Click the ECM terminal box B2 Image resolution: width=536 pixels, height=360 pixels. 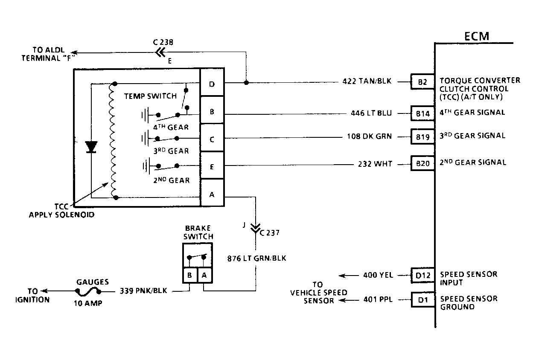[x=422, y=82]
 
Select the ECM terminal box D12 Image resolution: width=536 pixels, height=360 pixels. [x=423, y=275]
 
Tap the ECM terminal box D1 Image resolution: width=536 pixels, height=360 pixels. [x=423, y=300]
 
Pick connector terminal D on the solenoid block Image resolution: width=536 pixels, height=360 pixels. [x=212, y=82]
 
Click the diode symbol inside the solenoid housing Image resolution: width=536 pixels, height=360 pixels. [x=91, y=147]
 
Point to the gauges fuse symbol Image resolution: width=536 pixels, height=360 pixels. [x=88, y=291]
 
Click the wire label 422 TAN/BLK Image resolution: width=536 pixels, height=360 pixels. [x=367, y=81]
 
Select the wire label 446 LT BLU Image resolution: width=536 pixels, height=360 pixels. [x=371, y=113]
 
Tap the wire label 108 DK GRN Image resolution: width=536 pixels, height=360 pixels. [x=369, y=136]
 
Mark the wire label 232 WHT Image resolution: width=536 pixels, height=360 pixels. [x=375, y=164]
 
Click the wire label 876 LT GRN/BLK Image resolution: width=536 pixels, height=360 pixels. [x=256, y=258]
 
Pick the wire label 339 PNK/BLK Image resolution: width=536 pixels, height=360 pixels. [x=143, y=290]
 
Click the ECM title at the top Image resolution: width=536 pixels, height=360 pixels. [x=477, y=36]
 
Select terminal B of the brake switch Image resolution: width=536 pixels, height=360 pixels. [x=190, y=275]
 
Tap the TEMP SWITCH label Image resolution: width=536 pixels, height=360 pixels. [x=150, y=96]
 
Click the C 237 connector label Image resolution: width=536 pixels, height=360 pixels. [x=269, y=233]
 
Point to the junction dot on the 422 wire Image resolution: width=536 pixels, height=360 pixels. [x=246, y=82]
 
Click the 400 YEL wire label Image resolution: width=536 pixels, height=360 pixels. [x=378, y=275]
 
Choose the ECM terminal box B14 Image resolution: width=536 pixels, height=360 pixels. [x=422, y=113]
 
